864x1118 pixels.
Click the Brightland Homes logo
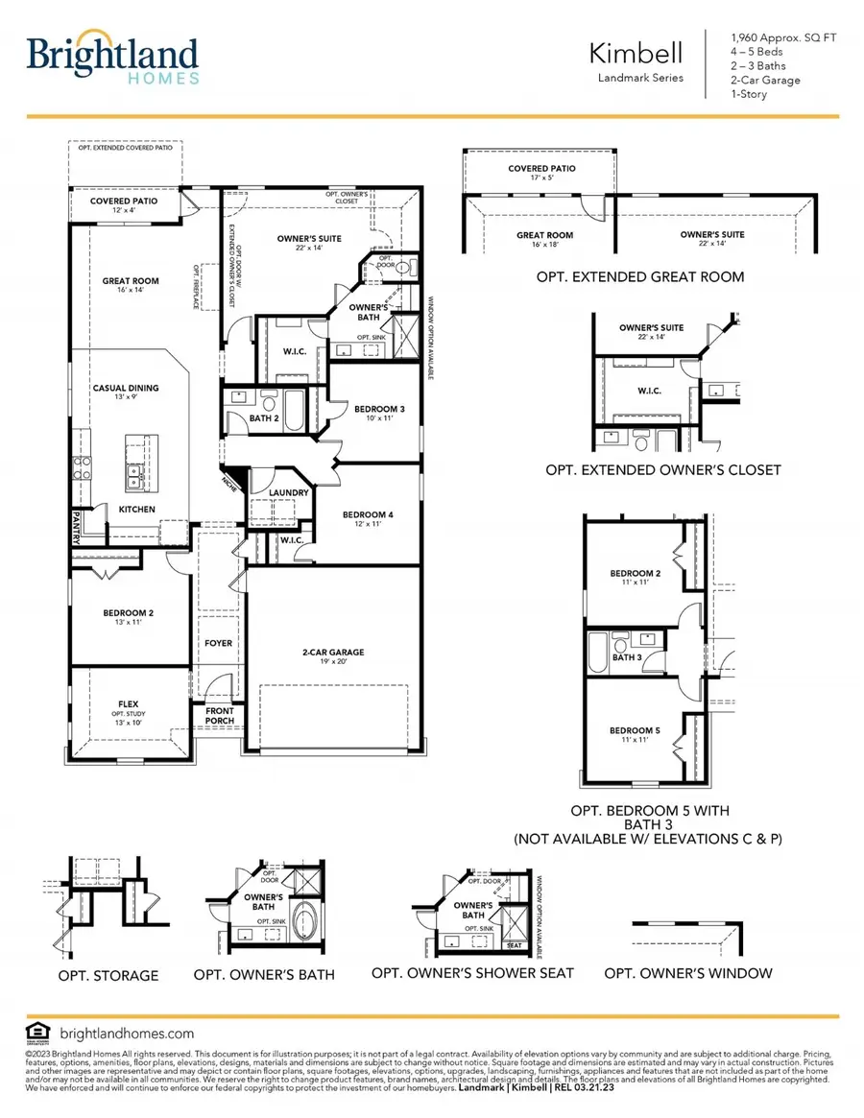(113, 60)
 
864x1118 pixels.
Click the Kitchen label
(136, 510)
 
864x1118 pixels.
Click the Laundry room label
(289, 493)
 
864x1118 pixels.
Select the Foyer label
(218, 643)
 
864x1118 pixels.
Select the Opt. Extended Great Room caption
(641, 277)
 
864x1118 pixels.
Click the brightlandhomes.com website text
(127, 1034)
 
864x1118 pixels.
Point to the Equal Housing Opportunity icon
(38, 1033)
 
